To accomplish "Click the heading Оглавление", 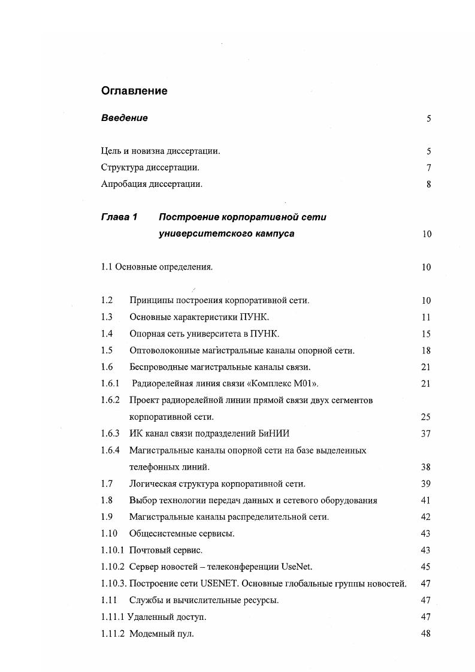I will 134,91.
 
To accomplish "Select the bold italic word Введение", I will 124,118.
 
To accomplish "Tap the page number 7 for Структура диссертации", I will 429,168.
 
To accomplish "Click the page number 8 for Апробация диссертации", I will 429,184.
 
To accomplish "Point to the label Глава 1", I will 119,217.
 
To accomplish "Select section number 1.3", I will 107,317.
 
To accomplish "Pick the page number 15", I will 426,334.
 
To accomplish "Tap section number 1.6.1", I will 110,383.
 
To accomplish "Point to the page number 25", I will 426,417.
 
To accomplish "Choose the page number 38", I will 426,467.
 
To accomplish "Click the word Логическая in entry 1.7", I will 153,483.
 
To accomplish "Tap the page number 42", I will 426,517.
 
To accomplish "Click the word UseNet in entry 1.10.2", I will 297,567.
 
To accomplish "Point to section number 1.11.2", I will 113,634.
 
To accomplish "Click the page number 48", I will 426,634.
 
